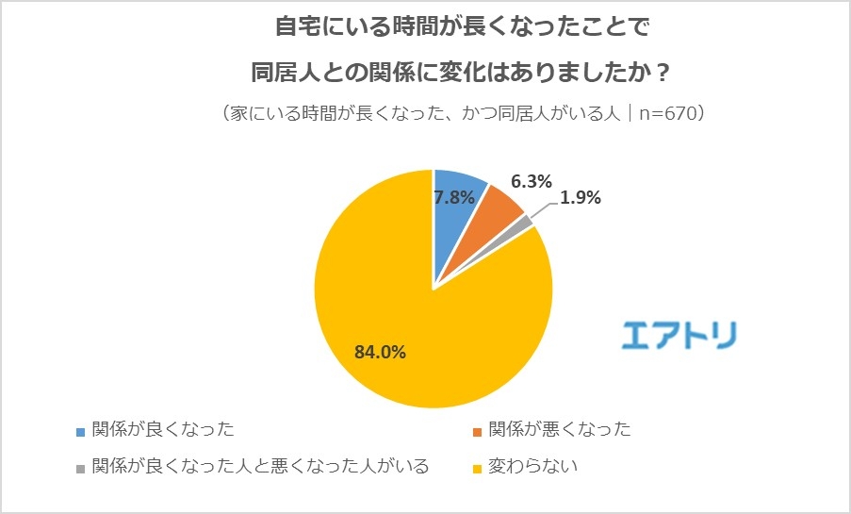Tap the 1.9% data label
pyautogui.click(x=581, y=198)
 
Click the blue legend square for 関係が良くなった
pyautogui.click(x=82, y=432)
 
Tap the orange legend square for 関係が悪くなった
pyautogui.click(x=478, y=432)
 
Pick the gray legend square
pyautogui.click(x=82, y=467)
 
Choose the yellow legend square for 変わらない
pyautogui.click(x=478, y=467)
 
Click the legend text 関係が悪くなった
pyautogui.click(x=560, y=431)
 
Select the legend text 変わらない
pyautogui.click(x=533, y=466)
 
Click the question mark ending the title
pyautogui.click(x=663, y=72)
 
